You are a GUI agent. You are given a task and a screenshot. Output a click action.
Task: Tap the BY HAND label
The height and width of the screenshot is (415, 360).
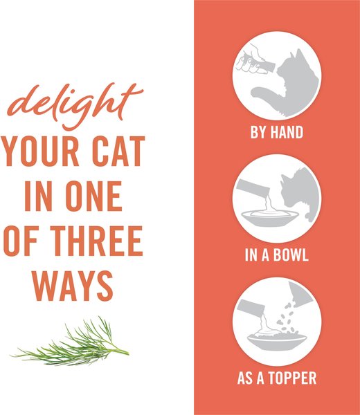tap(277, 132)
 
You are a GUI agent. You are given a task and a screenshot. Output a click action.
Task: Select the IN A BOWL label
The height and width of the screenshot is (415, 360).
tap(277, 256)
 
